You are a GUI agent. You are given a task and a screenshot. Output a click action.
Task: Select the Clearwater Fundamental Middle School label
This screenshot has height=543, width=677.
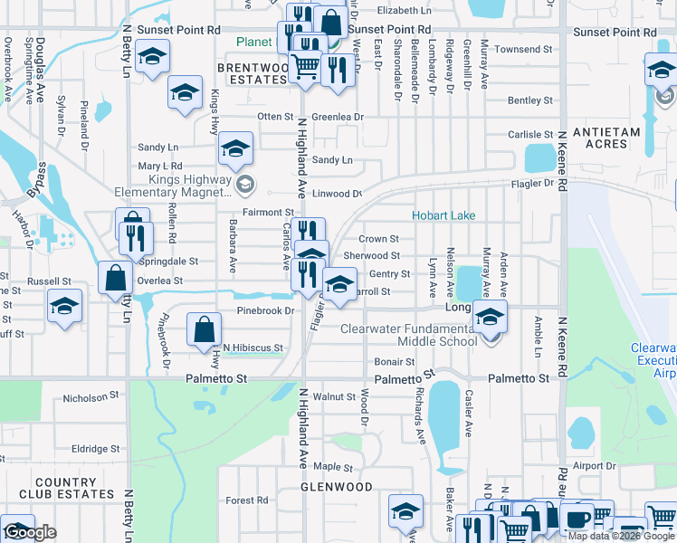[408, 335]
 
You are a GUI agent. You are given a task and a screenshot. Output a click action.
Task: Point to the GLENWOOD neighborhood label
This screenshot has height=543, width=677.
[337, 487]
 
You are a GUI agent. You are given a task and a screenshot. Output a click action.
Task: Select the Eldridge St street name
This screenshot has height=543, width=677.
[95, 448]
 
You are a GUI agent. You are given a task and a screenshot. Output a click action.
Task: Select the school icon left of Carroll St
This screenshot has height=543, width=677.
[339, 285]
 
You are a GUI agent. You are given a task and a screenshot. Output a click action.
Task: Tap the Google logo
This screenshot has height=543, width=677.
[30, 532]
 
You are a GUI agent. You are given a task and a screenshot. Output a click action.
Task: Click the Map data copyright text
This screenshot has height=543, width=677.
[621, 536]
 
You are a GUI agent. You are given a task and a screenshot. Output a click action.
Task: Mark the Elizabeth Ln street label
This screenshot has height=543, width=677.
[405, 10]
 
